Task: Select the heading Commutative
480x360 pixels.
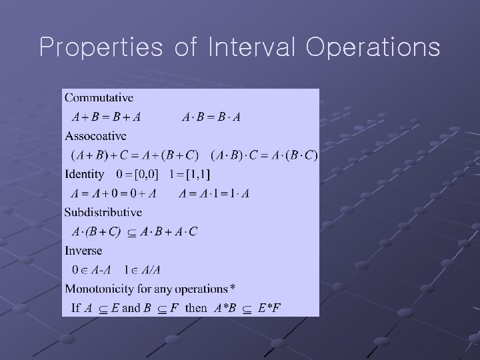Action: point(99,98)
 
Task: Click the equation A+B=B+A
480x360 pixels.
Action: point(106,117)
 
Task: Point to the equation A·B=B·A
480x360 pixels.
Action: point(211,117)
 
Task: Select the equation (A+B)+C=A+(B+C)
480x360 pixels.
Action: point(135,155)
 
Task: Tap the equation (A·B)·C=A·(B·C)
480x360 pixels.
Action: point(264,155)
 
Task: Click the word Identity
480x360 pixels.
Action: point(85,175)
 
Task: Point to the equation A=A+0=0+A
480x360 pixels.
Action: point(113,194)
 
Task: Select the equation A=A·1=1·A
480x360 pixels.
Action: point(215,194)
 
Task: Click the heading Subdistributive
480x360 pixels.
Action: point(103,213)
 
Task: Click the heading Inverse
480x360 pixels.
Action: point(83,251)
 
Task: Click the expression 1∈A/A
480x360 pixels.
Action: point(142,270)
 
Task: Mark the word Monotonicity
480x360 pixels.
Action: point(99,289)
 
